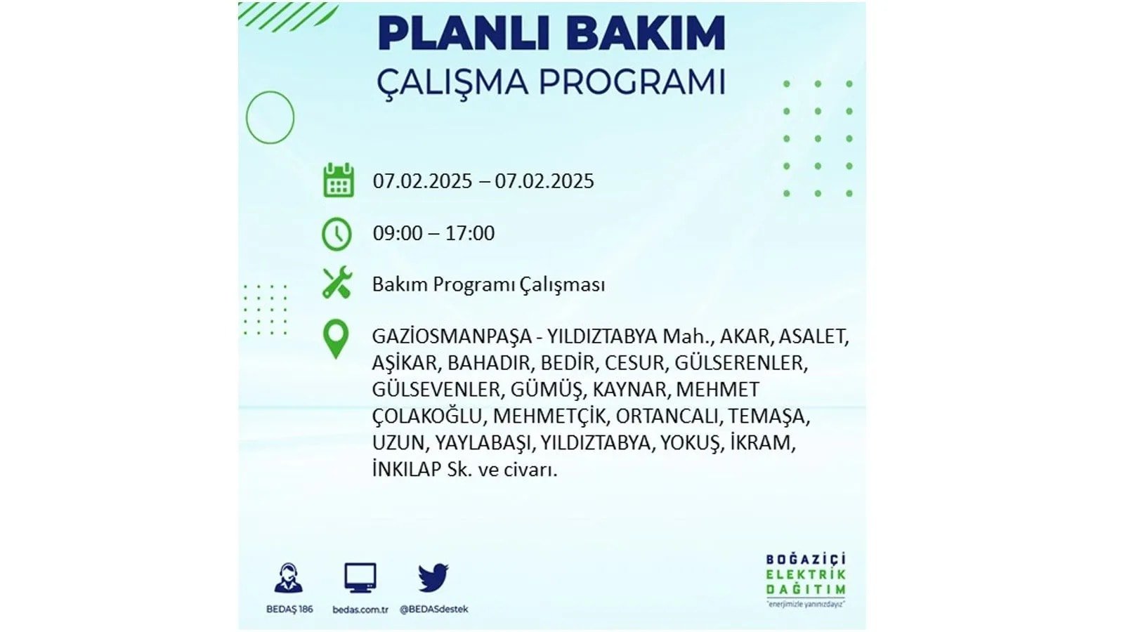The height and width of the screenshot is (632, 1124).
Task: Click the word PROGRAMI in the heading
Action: click(632, 82)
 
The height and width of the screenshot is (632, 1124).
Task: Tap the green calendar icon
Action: click(339, 180)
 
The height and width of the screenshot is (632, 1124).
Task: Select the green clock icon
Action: click(336, 234)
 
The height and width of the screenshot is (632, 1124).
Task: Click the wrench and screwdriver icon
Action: click(337, 283)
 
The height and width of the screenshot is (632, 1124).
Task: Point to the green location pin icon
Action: click(336, 339)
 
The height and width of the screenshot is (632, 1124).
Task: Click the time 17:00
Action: click(470, 233)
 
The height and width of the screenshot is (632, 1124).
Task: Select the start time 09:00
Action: click(398, 233)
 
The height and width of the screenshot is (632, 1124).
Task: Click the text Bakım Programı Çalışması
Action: click(488, 285)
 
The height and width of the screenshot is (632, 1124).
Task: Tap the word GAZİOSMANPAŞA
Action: click(452, 336)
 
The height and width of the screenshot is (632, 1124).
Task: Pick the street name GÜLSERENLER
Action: click(740, 363)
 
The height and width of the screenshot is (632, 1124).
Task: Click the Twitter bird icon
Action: click(433, 577)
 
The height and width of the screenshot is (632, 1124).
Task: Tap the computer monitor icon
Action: click(360, 578)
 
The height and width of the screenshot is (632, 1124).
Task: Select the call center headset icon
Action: click(289, 578)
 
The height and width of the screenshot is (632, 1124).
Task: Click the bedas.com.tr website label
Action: click(360, 610)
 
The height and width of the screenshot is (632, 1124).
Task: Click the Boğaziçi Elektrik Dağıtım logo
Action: click(806, 580)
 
